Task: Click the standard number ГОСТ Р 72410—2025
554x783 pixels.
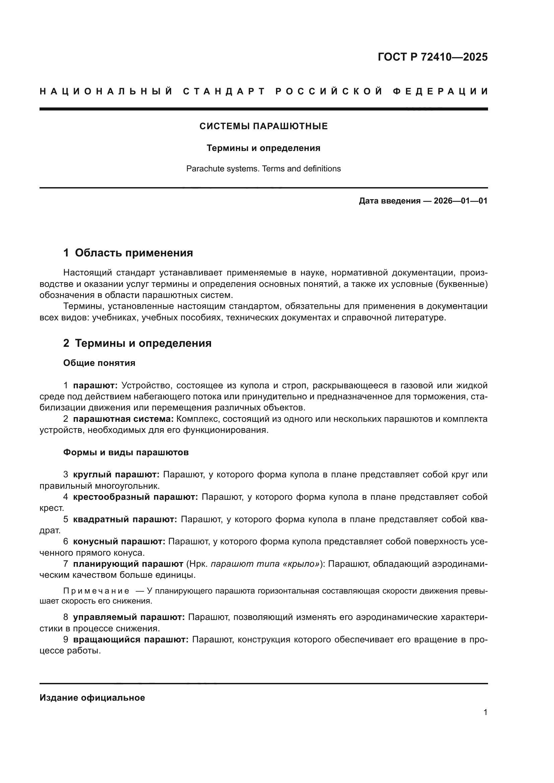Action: pos(432,57)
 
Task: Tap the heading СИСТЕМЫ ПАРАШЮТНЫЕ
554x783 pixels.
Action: pos(263,127)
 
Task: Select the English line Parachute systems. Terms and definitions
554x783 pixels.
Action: pos(263,169)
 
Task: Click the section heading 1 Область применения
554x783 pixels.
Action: pos(128,253)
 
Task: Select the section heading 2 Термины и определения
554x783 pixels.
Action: pos(137,343)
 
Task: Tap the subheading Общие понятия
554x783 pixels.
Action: pos(99,363)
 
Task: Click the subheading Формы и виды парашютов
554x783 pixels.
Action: pos(126,453)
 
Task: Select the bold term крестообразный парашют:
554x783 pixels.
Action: pos(135,497)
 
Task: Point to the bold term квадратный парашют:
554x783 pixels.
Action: pos(125,520)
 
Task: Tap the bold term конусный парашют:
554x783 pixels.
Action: pos(119,542)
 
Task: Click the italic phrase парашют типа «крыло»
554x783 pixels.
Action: pos(265,564)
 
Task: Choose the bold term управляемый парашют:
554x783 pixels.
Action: pos(129,617)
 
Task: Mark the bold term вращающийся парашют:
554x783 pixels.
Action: pos(131,639)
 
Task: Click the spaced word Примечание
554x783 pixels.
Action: pos(96,591)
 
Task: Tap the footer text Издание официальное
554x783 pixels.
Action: pos(92,698)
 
